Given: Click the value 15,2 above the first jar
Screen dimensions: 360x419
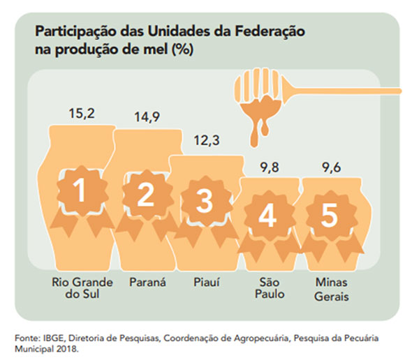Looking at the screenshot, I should [x=82, y=113].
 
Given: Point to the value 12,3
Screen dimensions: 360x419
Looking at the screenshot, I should [x=205, y=141].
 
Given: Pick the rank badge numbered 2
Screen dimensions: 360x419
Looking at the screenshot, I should [x=145, y=196].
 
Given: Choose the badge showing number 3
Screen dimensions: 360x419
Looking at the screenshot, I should [x=205, y=202].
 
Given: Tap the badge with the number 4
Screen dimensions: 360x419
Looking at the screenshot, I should [x=267, y=217].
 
